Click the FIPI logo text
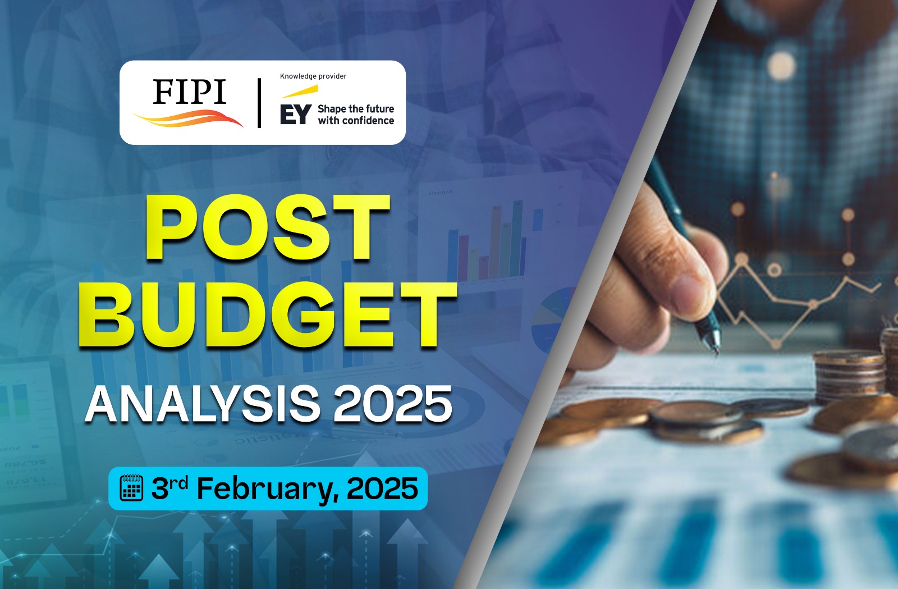coord(189,92)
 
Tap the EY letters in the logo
coord(295,115)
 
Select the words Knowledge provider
coord(313,76)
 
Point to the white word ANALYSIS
coord(203,404)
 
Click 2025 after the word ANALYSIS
coord(393,404)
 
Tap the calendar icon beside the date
coord(131,487)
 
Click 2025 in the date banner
coord(382,488)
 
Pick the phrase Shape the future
coord(356,109)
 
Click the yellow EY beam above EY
coord(300,92)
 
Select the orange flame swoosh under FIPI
coord(189,118)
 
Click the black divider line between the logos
coord(259,103)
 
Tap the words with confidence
coord(356,121)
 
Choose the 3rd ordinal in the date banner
coord(169,487)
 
